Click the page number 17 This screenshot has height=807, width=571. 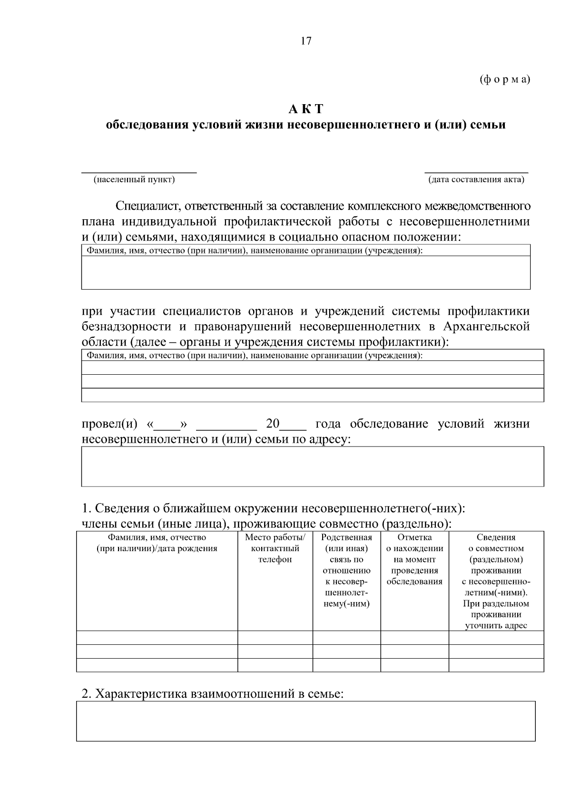[x=306, y=41]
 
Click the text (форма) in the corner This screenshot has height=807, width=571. [x=504, y=79]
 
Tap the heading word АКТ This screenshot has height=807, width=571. [x=306, y=109]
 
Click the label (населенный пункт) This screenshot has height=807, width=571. [x=134, y=180]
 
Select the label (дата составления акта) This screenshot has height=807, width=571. [x=476, y=180]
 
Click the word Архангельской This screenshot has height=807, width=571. [x=486, y=327]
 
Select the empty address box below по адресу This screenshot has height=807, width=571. [x=312, y=466]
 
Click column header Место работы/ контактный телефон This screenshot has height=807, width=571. [x=275, y=548]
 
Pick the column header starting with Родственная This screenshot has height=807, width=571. [x=346, y=570]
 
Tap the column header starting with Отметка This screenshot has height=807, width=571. [x=414, y=559]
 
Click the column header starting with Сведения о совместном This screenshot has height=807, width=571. [x=496, y=581]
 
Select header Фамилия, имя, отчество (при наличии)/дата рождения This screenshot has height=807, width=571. [x=157, y=543]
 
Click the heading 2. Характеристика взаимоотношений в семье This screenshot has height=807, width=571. [x=212, y=694]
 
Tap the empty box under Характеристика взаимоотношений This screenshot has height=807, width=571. [x=305, y=721]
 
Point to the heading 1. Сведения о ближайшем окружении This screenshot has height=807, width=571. [x=273, y=508]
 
